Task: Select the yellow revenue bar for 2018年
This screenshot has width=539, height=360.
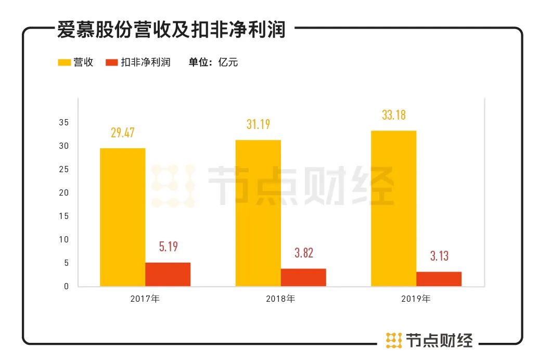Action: click(x=258, y=213)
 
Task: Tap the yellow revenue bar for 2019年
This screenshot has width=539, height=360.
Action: click(x=393, y=208)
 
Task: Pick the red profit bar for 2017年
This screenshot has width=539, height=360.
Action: click(x=168, y=274)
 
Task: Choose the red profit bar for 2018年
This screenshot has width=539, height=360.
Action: click(x=303, y=277)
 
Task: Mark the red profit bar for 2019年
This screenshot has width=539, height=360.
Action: click(x=439, y=279)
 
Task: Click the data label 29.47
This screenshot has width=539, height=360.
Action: click(x=123, y=133)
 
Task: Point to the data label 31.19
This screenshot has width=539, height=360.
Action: click(x=258, y=124)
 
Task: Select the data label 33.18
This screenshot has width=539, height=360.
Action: click(x=394, y=115)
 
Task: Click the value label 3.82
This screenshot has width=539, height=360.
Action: click(x=303, y=253)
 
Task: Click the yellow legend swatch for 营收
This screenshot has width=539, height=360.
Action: click(x=64, y=62)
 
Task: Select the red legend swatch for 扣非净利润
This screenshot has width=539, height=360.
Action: click(x=111, y=62)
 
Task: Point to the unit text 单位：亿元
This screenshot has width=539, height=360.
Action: click(x=213, y=62)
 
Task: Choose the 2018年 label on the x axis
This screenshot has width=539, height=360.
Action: click(x=280, y=299)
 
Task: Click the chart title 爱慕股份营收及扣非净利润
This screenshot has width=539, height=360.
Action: click(x=171, y=30)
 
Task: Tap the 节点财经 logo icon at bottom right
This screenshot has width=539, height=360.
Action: click(x=394, y=340)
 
